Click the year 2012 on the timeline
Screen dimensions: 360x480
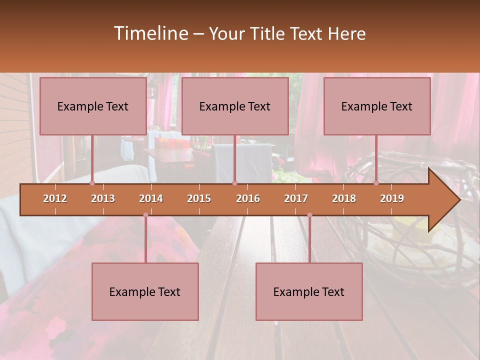(55, 198)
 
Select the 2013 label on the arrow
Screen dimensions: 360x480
(103, 198)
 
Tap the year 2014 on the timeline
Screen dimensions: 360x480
(151, 198)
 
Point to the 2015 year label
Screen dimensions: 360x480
(199, 198)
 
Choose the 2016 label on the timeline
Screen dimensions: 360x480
(248, 198)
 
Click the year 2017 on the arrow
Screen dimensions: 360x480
(296, 198)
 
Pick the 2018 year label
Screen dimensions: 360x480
(344, 198)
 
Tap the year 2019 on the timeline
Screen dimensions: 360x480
(392, 198)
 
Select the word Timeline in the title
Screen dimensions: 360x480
(150, 33)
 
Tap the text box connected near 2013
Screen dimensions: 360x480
(93, 106)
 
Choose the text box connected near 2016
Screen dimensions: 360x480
(235, 106)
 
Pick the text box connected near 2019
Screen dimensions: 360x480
(377, 106)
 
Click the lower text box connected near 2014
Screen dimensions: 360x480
(145, 291)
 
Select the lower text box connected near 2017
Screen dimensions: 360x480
(309, 291)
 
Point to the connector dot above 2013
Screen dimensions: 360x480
(92, 183)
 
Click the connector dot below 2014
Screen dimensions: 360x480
(145, 215)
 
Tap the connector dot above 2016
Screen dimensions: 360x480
(234, 183)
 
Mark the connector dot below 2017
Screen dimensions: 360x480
(309, 215)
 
